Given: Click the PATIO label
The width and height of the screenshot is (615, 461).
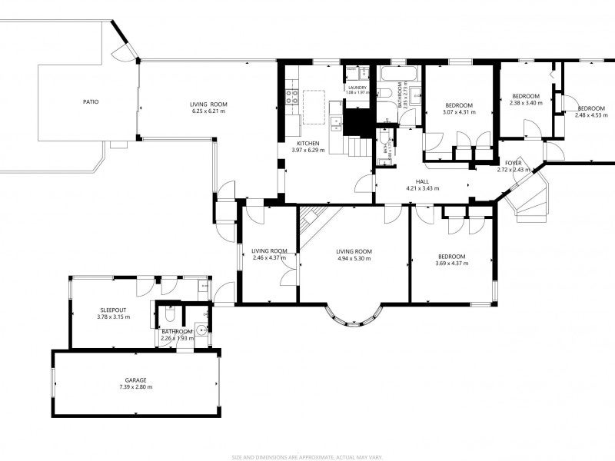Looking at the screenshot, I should pos(91,101).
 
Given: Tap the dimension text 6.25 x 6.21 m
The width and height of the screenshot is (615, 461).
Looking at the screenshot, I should pos(209,111).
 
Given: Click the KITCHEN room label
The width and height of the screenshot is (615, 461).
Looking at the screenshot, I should pos(308,143).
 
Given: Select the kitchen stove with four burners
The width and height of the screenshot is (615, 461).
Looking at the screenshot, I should pos(293,97).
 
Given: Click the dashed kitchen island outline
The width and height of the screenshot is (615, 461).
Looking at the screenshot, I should pos(315,106).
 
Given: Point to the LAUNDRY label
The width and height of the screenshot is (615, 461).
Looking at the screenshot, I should pos(357,88).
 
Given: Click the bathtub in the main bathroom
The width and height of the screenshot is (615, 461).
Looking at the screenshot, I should pos(398,75).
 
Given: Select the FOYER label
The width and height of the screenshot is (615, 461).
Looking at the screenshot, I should pos(513,163).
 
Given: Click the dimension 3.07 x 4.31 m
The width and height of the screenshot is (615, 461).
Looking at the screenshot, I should pos(459,112).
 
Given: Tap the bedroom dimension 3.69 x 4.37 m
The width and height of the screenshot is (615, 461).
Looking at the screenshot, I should pos(451,264).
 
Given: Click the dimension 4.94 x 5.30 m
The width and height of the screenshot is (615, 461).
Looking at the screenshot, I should pos(354,258).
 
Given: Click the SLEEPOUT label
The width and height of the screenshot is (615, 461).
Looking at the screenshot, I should pos(113,309).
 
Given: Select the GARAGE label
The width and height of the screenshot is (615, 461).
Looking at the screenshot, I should pos(136,380).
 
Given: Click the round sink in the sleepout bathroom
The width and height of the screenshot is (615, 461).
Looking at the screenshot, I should pos(201,330).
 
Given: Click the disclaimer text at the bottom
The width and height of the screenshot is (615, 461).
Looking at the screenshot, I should pos(307,456).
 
